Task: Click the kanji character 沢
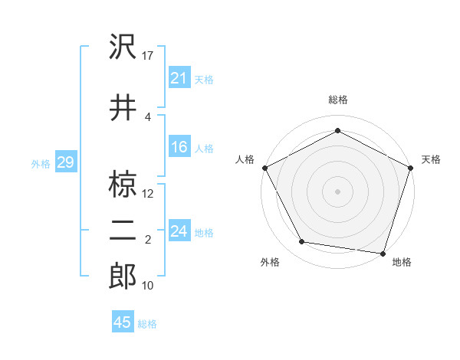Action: coord(123,48)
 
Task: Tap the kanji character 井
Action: coord(123,107)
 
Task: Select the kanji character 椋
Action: coord(123,184)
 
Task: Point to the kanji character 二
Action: coord(123,231)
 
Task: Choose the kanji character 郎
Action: coord(123,277)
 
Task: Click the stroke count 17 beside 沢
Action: coord(149,56)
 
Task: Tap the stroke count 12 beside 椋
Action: coord(149,194)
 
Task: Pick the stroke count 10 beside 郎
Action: coord(149,286)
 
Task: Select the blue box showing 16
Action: coord(179,147)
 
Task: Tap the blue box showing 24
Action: coord(179,231)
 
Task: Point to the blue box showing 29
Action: coord(65,162)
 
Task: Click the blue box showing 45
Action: coord(123,322)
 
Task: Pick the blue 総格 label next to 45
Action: coord(147,324)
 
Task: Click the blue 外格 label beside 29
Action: coord(41,163)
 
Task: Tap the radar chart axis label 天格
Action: coord(431,159)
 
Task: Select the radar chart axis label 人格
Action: coord(245,159)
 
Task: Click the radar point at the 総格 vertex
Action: coord(337,130)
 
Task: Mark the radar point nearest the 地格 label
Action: coord(383,253)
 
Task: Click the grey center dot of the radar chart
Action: coord(337,191)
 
